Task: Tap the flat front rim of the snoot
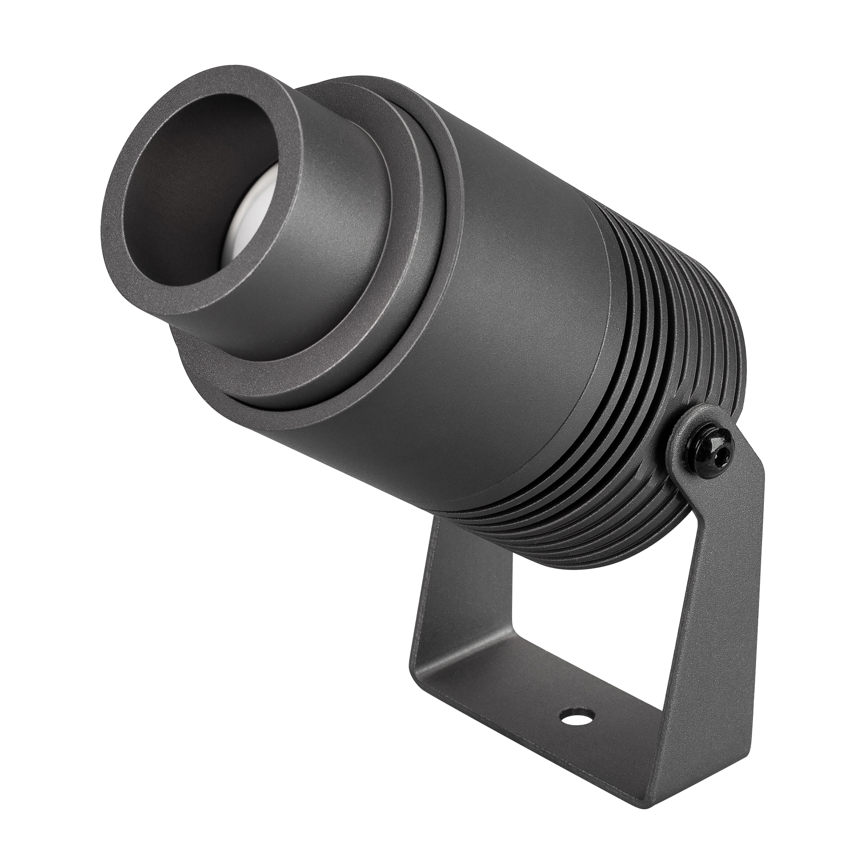pyautogui.click(x=135, y=251)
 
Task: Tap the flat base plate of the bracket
pyautogui.click(x=537, y=734)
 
